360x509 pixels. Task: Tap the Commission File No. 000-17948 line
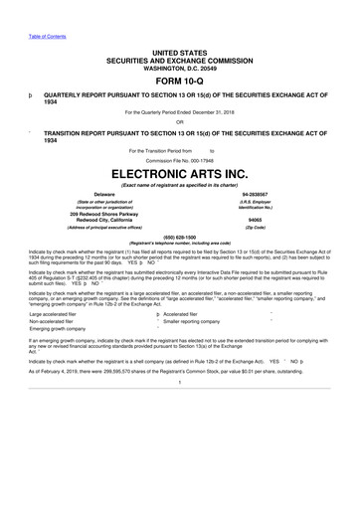179,159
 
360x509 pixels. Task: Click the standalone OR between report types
179,122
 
